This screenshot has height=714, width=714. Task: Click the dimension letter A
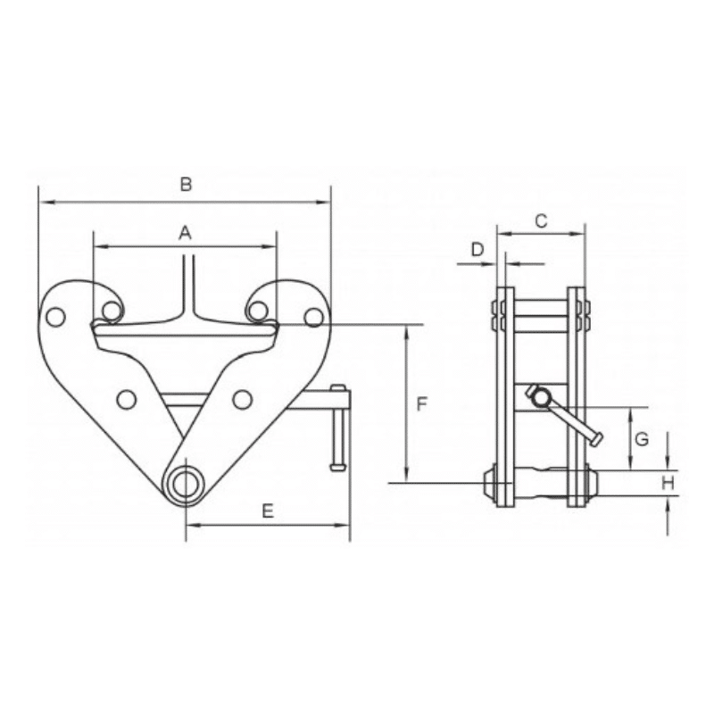coord(185,233)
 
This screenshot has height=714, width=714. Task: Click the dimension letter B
coord(186,186)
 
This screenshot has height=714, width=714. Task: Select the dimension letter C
coord(540,220)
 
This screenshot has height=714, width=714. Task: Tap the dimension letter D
coord(477,249)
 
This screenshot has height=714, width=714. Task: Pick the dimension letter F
coord(423,404)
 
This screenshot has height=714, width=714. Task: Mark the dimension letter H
coord(667,483)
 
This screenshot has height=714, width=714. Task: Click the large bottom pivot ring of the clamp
coord(187,483)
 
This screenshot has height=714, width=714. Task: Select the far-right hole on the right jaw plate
coord(311,316)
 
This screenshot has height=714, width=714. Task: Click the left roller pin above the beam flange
coord(111,311)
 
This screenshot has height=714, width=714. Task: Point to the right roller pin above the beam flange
coord(257,311)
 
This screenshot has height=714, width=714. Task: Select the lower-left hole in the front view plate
coord(126,398)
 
